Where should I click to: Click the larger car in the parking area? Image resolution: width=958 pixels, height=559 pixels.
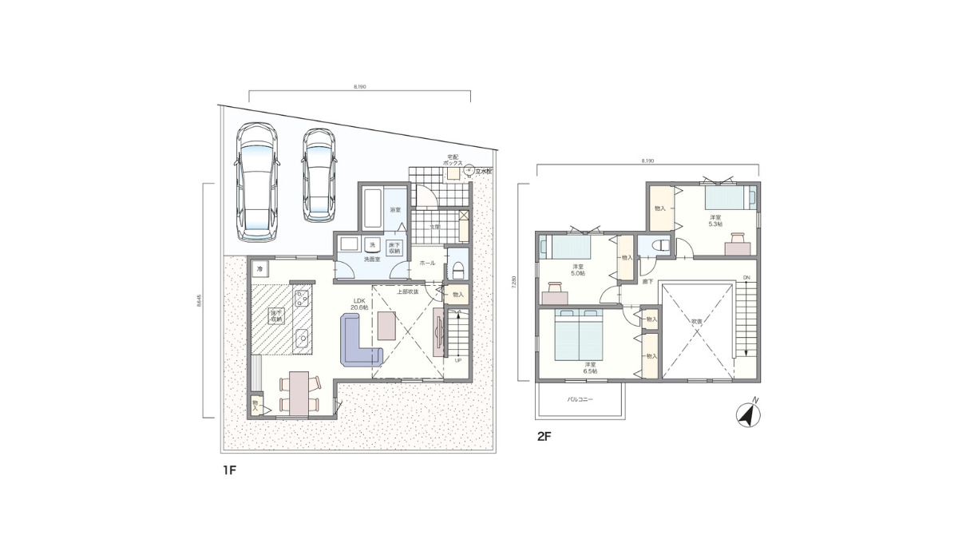pos(256,181)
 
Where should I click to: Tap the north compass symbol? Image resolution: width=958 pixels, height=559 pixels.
pos(749,414)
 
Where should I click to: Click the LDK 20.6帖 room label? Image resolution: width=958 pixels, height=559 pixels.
pos(358,304)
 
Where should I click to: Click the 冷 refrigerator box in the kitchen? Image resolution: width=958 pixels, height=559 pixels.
pos(259,270)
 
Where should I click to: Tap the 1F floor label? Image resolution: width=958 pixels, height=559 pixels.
pos(230,471)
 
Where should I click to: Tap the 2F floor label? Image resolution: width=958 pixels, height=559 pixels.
pos(544,437)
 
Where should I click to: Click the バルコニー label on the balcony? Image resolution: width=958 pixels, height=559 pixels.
pos(580,398)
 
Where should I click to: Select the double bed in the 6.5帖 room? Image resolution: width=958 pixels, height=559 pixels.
pos(576,335)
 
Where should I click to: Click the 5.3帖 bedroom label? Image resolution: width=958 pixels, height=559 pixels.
pos(715,220)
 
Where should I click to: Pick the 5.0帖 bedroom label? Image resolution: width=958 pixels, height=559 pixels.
pos(577,270)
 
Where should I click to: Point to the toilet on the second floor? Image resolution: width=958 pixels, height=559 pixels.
pos(661,246)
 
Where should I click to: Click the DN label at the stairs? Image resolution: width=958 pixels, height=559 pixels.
pos(746,278)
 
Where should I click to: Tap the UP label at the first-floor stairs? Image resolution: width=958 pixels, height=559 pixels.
pos(457,360)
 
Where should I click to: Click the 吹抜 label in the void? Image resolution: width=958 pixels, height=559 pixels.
pos(696,321)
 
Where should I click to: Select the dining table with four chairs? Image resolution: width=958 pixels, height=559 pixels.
pos(299,392)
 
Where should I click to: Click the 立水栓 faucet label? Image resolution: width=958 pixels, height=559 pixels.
pos(485,171)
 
